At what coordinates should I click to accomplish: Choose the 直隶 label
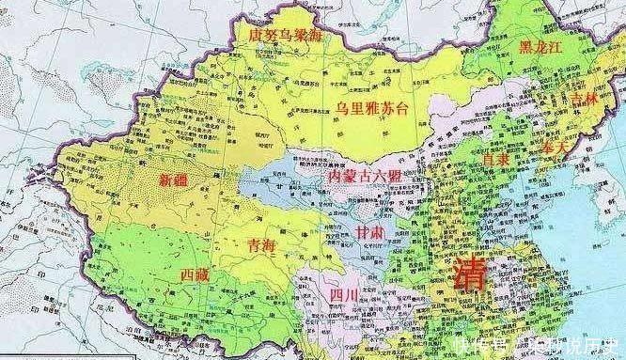coord(502,161)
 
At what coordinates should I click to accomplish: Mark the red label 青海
coord(261,243)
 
